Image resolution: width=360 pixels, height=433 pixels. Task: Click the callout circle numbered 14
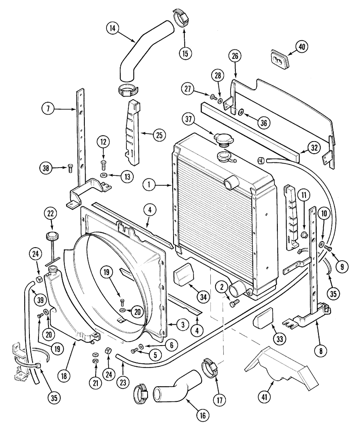tap(112, 29)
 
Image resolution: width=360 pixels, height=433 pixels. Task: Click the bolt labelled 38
tap(70, 168)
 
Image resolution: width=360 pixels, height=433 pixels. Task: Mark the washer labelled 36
tap(241, 113)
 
